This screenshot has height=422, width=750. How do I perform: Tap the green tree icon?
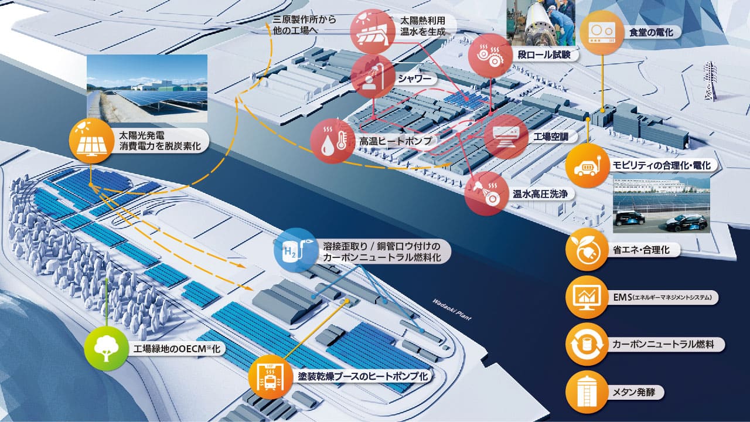(x=106, y=349)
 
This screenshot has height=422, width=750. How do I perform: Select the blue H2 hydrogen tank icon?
(x=295, y=250)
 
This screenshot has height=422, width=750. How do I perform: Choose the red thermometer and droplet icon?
(x=332, y=141)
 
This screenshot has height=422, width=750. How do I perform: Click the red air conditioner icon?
(x=506, y=137)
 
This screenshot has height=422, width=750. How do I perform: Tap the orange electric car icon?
(x=587, y=165)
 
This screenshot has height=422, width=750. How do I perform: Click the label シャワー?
(x=414, y=79)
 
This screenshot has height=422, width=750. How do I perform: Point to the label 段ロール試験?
(x=544, y=55)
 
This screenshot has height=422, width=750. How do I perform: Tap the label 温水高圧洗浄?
(x=540, y=193)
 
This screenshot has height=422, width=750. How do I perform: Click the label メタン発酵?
(x=633, y=392)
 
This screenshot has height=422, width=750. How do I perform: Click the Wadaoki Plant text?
(x=451, y=309)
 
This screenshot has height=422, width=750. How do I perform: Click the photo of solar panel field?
(x=147, y=89)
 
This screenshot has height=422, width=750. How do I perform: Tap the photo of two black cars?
(x=662, y=203)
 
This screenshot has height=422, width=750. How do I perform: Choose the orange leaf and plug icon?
(x=587, y=250)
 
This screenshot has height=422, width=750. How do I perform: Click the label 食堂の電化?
(x=651, y=32)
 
